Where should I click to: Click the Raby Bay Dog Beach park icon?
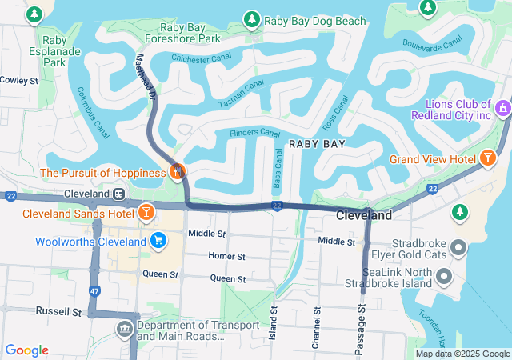point(252,18)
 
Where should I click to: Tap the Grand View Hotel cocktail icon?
point(487,159)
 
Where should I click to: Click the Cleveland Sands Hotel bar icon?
point(146,213)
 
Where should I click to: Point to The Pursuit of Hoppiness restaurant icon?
point(177,171)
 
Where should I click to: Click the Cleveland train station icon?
point(118,194)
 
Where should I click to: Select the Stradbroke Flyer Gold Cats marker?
point(458,246)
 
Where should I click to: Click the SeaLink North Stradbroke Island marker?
point(444,276)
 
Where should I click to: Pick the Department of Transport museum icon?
point(125,329)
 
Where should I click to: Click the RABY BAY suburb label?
point(317,144)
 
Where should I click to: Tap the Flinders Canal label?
point(254,133)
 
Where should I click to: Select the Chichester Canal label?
point(202,58)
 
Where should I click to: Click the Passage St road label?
point(362,329)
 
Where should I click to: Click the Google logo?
point(26,350)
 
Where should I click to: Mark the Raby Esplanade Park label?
point(54,50)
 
